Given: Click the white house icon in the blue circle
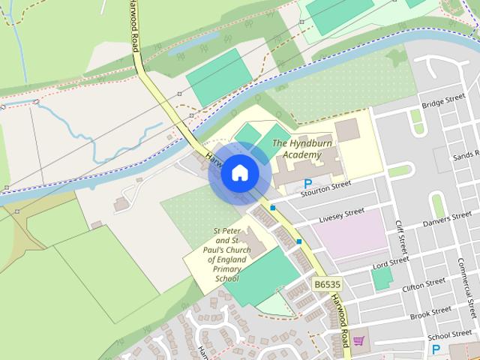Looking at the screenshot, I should pos(239,173).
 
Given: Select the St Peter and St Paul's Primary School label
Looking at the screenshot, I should pos(226,255).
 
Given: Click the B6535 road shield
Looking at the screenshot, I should pos(328,284).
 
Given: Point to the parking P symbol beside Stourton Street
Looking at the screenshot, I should pos(307,184).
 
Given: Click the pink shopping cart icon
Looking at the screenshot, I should pos(358,340).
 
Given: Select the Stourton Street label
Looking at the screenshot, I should pos(326,188).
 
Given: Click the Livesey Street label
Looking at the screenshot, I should pos(341,216).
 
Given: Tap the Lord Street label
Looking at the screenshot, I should pos(391,262).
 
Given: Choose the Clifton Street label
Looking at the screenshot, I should pos(423,284).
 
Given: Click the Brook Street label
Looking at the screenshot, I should pos(430,310).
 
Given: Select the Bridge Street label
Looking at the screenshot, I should pos(443,102).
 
